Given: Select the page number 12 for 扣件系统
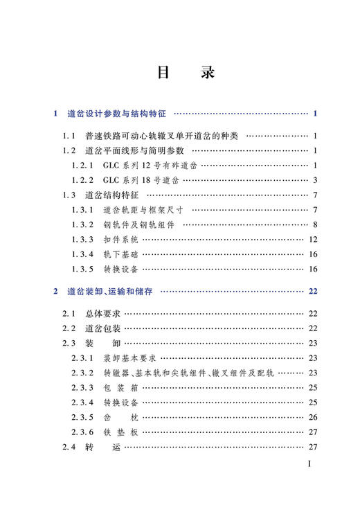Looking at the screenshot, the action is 312,239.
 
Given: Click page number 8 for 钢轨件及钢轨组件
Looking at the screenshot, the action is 314,224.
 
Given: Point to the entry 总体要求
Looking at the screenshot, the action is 103,314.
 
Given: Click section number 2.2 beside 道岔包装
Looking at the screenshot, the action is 69,328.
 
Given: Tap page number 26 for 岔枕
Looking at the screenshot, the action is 312,417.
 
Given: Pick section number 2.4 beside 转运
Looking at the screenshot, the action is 69,447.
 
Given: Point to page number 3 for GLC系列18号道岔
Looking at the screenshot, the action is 314,180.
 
